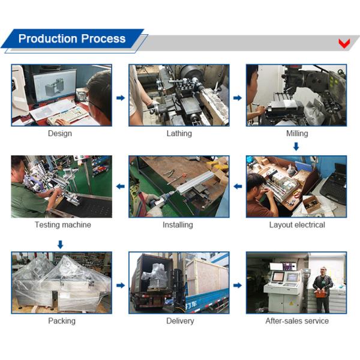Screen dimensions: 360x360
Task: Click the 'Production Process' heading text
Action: click(72, 39)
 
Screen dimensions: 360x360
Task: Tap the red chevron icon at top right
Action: click(344, 43)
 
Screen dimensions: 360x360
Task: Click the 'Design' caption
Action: click(60, 133)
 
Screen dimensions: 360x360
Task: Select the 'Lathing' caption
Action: click(179, 133)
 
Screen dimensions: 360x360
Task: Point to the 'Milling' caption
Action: click(296, 133)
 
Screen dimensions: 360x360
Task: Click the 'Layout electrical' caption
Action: click(297, 225)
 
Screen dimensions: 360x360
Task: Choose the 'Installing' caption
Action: click(178, 225)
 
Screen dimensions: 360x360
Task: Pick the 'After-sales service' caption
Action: click(297, 321)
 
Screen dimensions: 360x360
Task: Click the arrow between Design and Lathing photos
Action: click(121, 98)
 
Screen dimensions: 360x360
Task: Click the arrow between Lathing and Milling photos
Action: click(238, 98)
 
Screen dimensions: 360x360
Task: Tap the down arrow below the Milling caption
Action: click(296, 146)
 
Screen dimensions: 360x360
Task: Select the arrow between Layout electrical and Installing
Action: click(238, 187)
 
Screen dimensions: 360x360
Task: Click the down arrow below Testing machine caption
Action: click(60, 244)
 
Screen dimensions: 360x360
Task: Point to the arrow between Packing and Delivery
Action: click(121, 285)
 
